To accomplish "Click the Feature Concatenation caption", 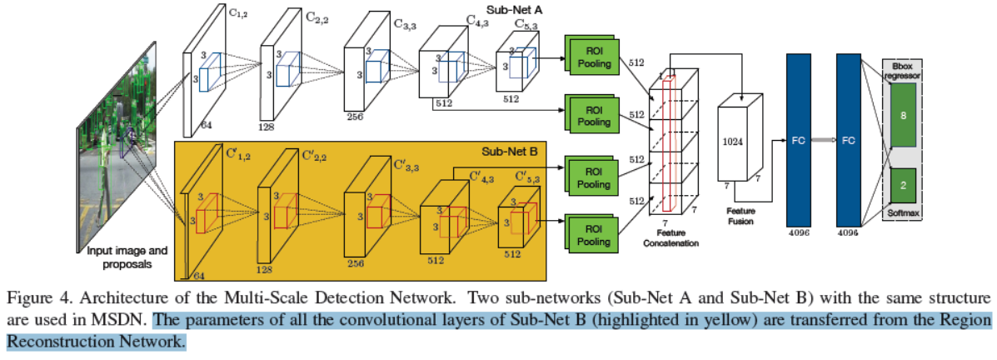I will tap(675, 238).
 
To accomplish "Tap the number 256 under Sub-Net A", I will tap(356, 117).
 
